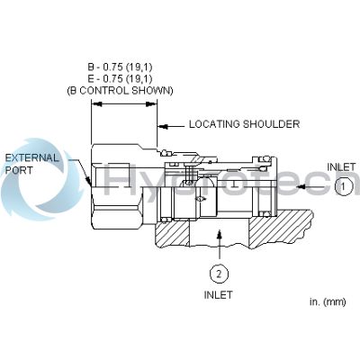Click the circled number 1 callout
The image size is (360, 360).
[344, 186]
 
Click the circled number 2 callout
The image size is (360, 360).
[219, 274]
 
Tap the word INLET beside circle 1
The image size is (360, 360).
[341, 166]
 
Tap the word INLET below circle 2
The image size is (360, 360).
[219, 294]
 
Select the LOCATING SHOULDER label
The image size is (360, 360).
[244, 124]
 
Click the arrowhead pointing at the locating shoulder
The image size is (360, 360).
[163, 127]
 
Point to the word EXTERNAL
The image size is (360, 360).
[32, 157]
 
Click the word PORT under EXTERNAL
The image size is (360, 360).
[19, 170]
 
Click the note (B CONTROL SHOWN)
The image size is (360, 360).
[120, 91]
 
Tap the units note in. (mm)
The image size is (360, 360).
[328, 301]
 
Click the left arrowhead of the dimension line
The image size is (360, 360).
[97, 104]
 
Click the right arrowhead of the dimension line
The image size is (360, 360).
[151, 104]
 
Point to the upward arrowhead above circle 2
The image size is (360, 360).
[220, 234]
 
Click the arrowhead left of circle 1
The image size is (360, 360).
[301, 186]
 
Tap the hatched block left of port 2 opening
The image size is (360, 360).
[172, 233]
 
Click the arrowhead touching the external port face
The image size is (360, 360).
[88, 180]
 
